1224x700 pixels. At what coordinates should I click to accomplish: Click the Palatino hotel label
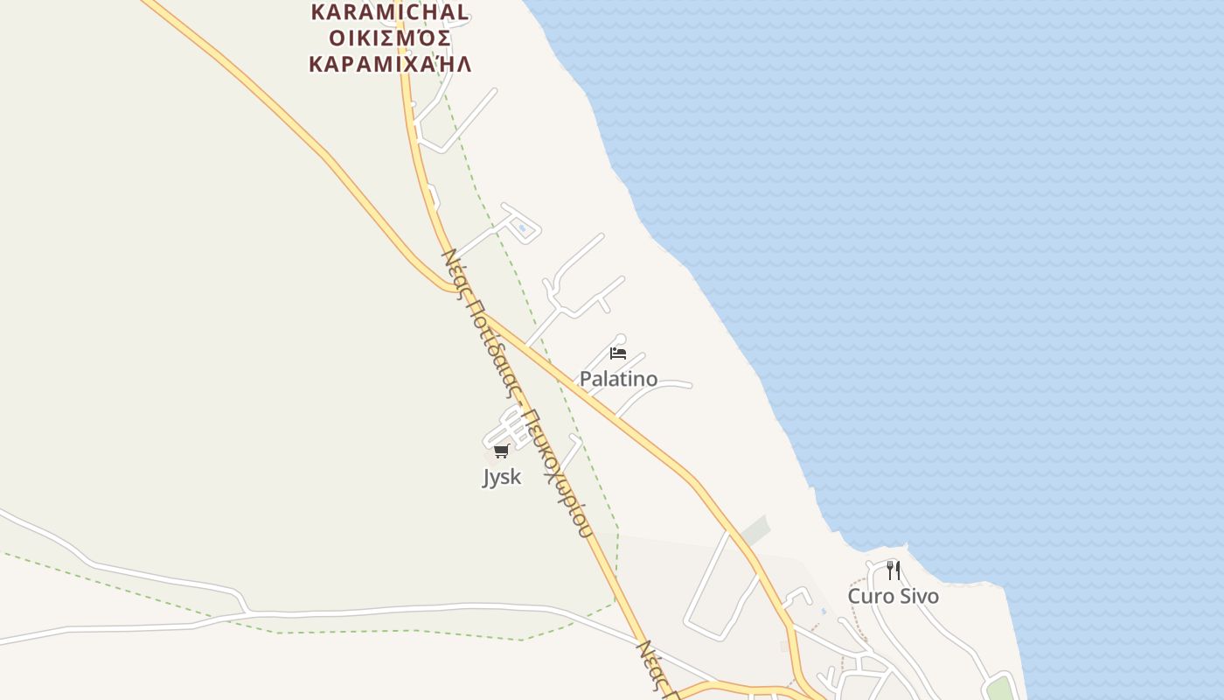(618, 379)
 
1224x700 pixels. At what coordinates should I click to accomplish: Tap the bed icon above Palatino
(618, 353)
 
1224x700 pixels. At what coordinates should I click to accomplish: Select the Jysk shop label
(502, 477)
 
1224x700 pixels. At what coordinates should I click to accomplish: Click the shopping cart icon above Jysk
(501, 451)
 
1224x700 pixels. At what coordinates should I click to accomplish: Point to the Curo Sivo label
(893, 597)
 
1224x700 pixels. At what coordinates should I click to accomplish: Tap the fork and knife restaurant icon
(893, 570)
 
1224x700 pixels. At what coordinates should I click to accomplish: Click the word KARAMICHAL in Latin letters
(390, 12)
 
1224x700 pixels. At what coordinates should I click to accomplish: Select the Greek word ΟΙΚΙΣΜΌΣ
(390, 38)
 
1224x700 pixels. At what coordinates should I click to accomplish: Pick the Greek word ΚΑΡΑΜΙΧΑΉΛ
(390, 64)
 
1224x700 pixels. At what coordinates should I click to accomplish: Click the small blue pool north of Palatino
(523, 228)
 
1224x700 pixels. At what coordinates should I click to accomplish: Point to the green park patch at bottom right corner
(999, 689)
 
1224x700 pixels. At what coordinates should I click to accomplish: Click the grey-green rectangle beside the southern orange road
(754, 530)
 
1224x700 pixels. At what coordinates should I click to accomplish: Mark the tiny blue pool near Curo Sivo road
(823, 612)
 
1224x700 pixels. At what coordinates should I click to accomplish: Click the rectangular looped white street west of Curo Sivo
(721, 586)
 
